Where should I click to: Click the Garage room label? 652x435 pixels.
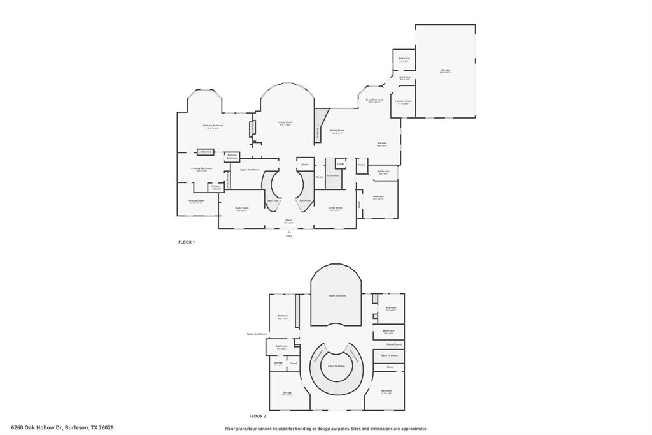[445, 71]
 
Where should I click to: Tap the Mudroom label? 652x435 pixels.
[405, 78]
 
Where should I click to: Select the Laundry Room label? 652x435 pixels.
[404, 102]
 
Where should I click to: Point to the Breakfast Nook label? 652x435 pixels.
[374, 101]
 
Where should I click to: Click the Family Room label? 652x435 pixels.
[285, 123]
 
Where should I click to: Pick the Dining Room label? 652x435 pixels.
[337, 131]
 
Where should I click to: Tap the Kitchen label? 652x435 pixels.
[382, 144]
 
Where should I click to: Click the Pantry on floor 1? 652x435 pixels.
[362, 165]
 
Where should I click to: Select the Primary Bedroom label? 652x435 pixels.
[213, 126]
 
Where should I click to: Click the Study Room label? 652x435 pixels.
[241, 209]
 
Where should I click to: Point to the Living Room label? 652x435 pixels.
[335, 209]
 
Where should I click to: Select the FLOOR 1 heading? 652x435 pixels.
[186, 242]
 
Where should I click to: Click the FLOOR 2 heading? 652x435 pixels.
[257, 416]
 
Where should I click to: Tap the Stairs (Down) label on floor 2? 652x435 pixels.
[394, 344]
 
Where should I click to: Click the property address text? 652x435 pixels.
[62, 428]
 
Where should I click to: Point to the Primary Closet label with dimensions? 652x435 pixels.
[196, 201]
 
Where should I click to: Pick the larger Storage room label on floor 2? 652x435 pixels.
[287, 393]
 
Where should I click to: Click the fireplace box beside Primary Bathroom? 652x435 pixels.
[206, 152]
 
